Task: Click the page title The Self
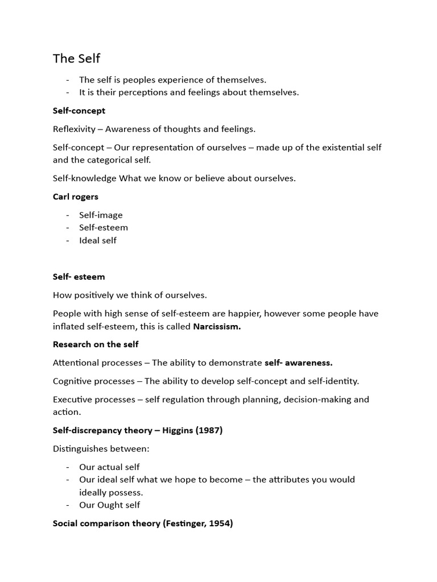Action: (x=76, y=59)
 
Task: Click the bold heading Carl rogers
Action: (x=76, y=197)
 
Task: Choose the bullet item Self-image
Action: (x=101, y=215)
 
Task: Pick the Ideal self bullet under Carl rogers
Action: (x=98, y=240)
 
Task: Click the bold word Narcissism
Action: (x=217, y=326)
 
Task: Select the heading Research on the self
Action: (x=96, y=344)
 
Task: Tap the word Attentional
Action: (x=76, y=363)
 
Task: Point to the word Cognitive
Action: (x=72, y=381)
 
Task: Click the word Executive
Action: (x=73, y=399)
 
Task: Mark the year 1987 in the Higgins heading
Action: (x=208, y=430)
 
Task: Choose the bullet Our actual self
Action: (x=109, y=467)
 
